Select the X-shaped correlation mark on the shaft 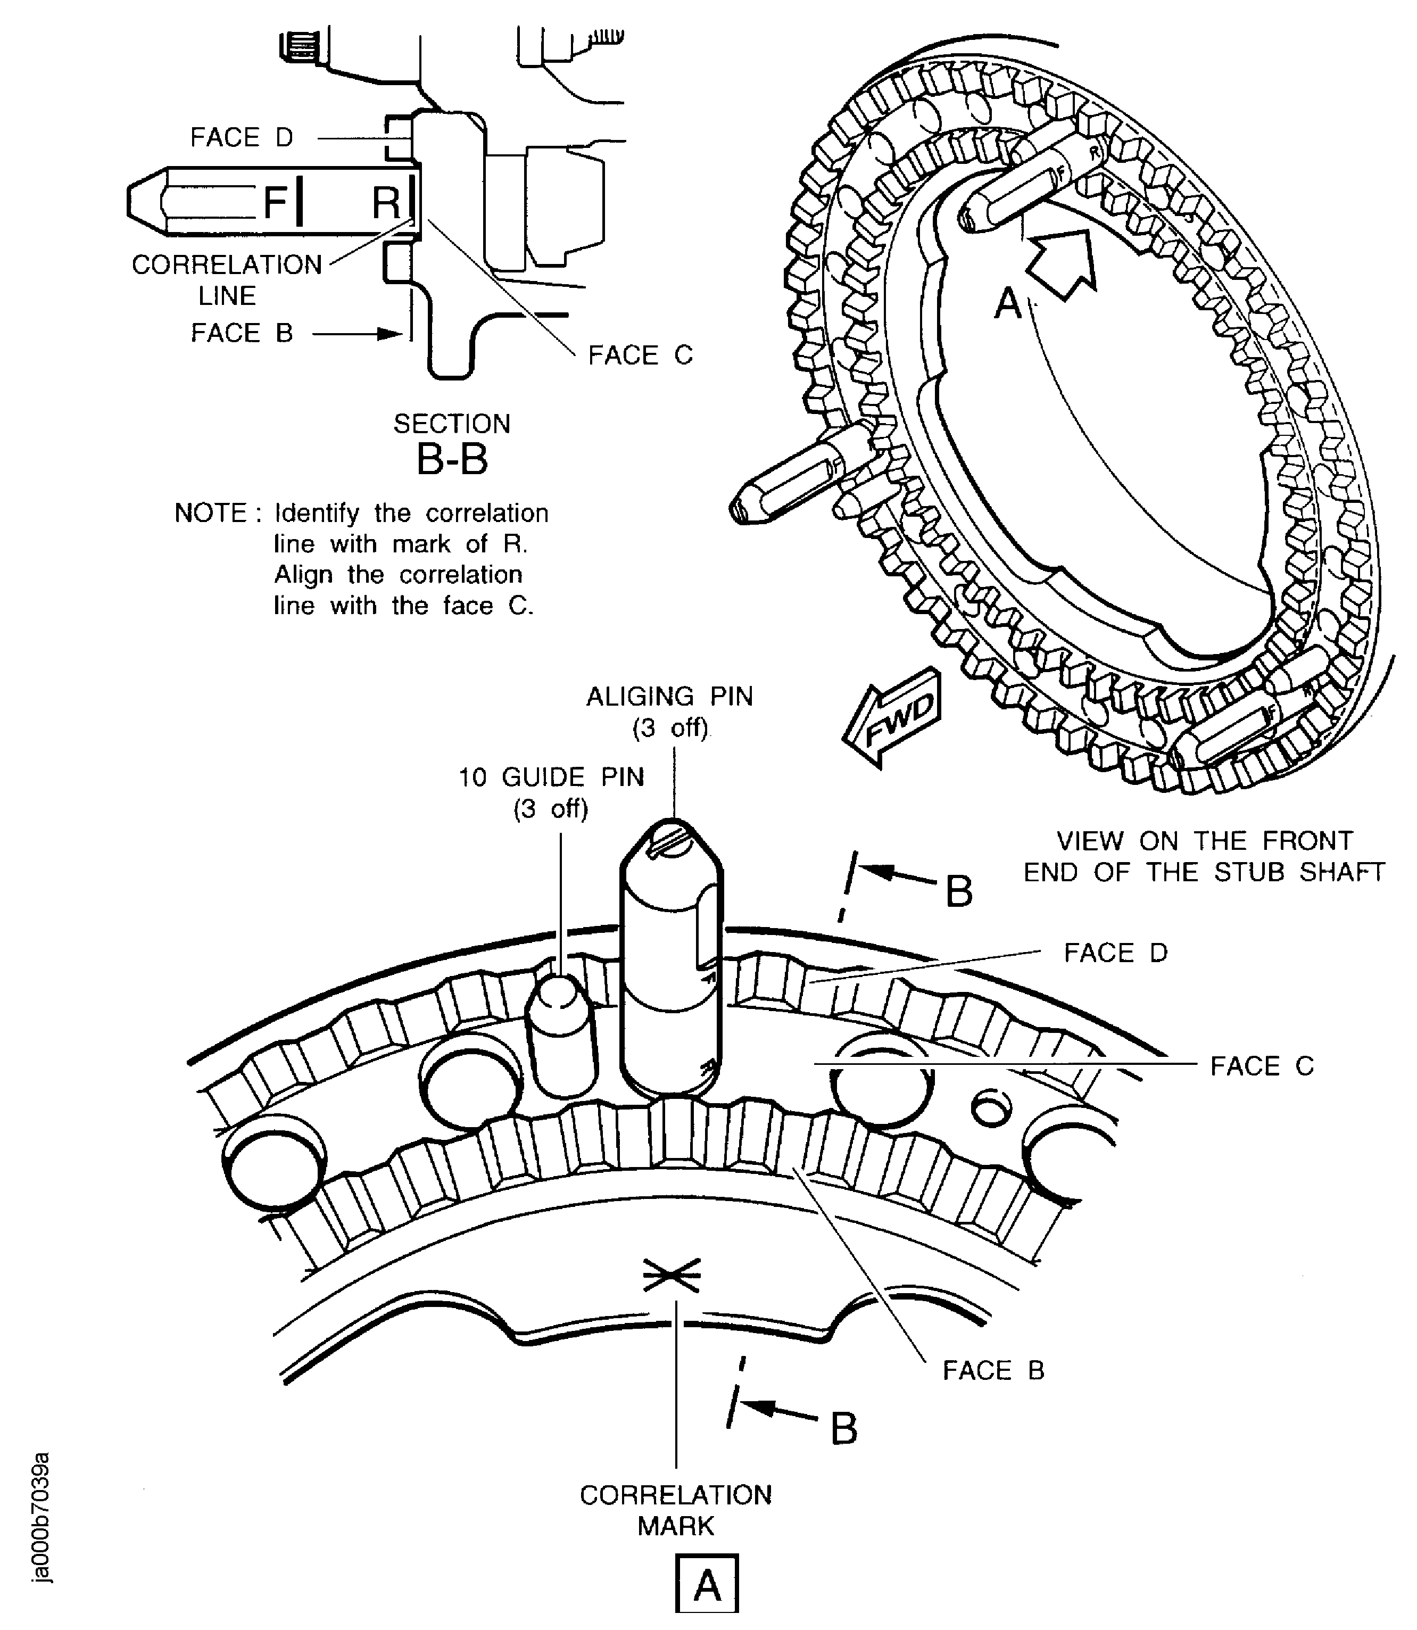[x=672, y=1273]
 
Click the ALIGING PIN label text [x=669, y=696]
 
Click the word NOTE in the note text [x=210, y=514]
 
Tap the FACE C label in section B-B [x=640, y=355]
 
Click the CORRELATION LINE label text [x=227, y=279]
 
